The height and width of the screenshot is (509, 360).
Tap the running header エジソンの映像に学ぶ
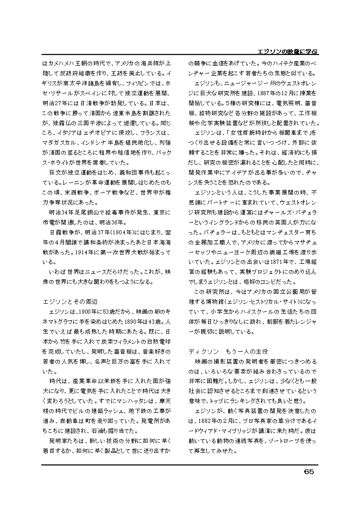[285, 50]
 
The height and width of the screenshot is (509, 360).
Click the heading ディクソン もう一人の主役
[229, 351]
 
